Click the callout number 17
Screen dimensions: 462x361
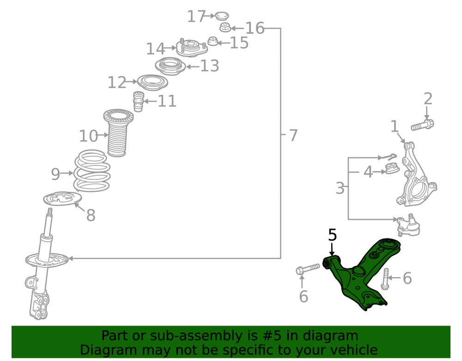[196, 16]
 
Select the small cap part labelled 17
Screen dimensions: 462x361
[222, 16]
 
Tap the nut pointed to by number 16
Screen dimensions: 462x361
[225, 27]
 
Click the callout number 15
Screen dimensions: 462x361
[239, 43]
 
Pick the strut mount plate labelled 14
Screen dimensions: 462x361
[192, 48]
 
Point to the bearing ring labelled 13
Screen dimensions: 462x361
[170, 66]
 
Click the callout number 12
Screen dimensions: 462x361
[117, 82]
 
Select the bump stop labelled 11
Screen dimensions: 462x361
[139, 102]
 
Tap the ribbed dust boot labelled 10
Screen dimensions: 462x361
[118, 133]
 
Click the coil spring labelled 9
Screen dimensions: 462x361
[92, 171]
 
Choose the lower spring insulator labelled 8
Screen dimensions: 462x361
[62, 199]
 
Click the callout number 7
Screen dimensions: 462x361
[293, 135]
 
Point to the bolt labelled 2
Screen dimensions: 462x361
[422, 125]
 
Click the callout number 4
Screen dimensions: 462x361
[368, 172]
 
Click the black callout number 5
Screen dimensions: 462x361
[332, 235]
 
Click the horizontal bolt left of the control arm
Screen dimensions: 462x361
[308, 269]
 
